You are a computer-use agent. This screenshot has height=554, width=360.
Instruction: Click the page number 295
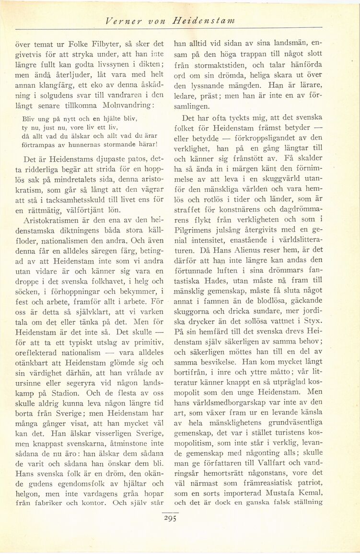click(170, 518)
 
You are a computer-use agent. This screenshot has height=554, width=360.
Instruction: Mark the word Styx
click(312, 320)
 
